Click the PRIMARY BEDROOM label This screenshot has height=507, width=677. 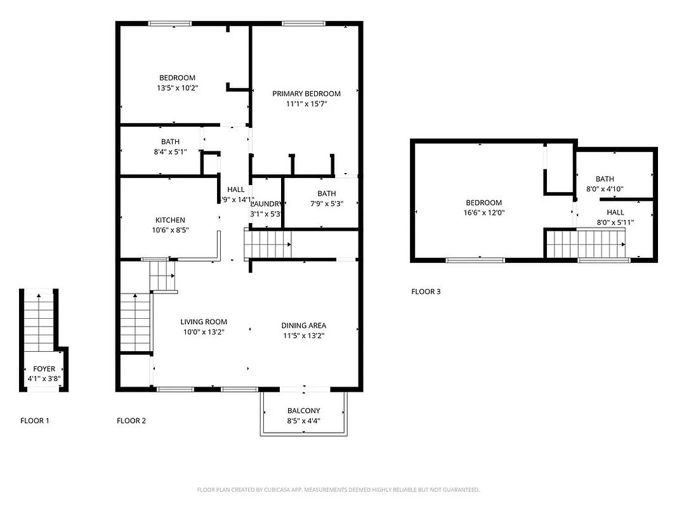(306, 94)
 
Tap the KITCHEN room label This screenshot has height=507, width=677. (168, 220)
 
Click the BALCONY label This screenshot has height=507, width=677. (303, 411)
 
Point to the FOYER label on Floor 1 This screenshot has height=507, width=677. (44, 369)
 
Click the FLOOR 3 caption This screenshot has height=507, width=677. (426, 292)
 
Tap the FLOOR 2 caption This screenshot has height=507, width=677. (131, 421)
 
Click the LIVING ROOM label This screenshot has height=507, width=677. (203, 322)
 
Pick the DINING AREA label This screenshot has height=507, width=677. (303, 326)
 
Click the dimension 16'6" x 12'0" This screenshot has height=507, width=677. (483, 214)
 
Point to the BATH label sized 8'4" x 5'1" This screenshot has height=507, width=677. (170, 142)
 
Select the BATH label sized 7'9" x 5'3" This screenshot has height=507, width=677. (327, 194)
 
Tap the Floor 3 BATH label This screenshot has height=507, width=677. (605, 179)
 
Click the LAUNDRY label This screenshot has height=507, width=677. (266, 204)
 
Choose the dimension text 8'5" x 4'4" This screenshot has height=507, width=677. (303, 421)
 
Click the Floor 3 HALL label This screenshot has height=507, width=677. (615, 212)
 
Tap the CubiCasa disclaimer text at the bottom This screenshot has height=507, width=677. (338, 490)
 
